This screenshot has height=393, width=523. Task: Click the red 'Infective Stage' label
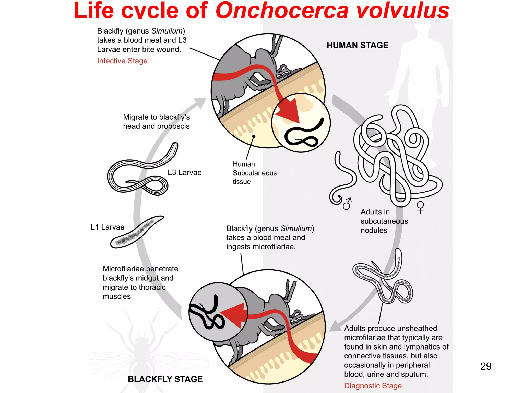point(122,61)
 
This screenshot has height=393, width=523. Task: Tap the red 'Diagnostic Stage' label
point(373,386)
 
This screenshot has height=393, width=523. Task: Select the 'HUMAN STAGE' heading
point(358,45)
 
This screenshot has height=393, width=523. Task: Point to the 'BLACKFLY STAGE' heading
point(165,379)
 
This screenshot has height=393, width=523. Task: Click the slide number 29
point(486,366)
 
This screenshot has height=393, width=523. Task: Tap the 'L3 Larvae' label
point(185,173)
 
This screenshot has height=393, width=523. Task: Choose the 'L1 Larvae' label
point(108,227)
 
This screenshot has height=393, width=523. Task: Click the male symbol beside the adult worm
point(348,203)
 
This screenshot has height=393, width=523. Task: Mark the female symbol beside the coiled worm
point(420,207)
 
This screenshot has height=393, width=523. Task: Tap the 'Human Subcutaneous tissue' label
point(254,173)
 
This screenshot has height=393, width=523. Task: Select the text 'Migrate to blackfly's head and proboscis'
point(156,122)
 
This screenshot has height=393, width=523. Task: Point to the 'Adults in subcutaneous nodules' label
point(384,221)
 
